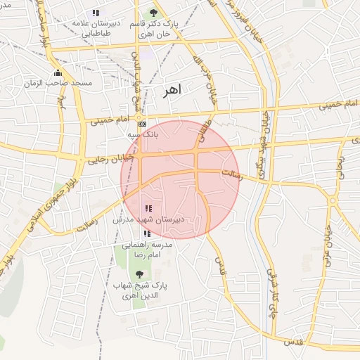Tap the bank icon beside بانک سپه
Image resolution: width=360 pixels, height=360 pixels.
coord(142,124)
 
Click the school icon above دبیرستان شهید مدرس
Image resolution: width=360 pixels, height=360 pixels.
coord(148,208)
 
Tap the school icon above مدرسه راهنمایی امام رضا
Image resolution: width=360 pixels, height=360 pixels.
coord(146,233)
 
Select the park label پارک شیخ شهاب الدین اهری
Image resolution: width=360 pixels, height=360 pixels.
coord(141,290)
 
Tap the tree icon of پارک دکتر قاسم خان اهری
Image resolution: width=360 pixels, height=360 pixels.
coord(154,12)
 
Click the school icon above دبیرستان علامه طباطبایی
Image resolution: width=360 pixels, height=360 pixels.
coord(95,13)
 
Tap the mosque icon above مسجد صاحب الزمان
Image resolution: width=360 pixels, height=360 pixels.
coord(57,73)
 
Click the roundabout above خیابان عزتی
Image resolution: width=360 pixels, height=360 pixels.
coord(333,200)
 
